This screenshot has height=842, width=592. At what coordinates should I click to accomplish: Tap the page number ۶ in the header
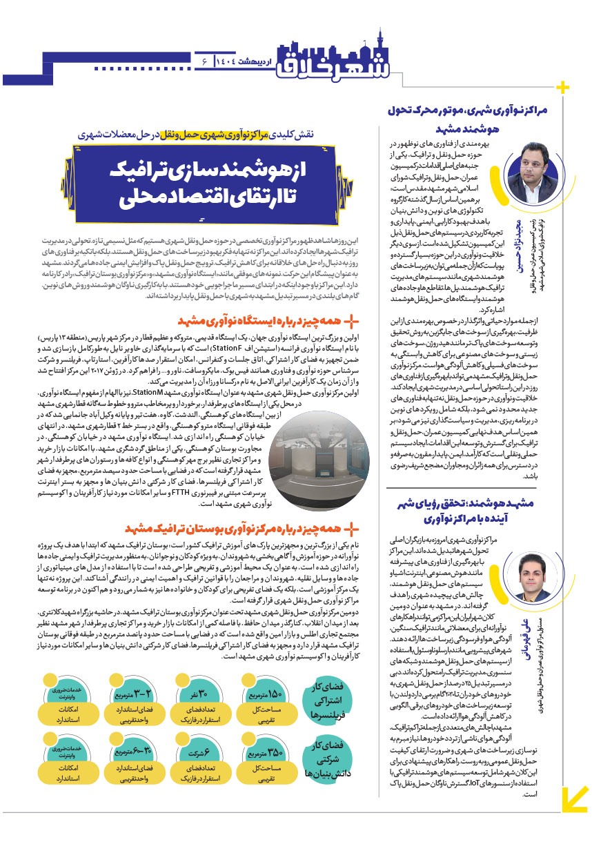(x=205, y=62)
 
